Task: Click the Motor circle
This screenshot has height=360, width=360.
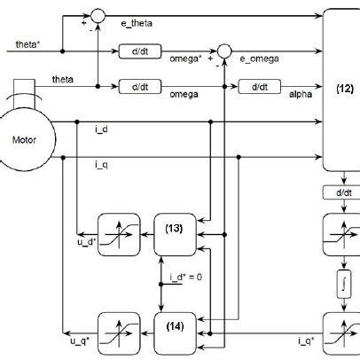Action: (30, 138)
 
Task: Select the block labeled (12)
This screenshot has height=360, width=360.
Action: (343, 89)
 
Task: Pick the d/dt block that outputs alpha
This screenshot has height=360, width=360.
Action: (261, 87)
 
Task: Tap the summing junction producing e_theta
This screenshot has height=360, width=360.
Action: (97, 15)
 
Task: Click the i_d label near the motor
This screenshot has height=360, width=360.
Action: (101, 129)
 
